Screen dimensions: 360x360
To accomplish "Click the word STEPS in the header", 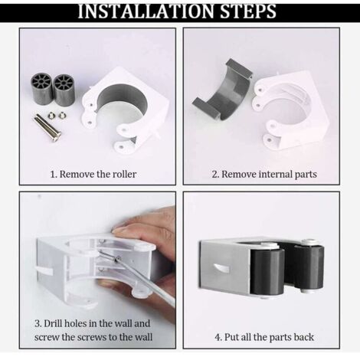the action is click(248, 11).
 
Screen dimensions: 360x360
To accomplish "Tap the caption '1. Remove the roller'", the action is click(93, 174).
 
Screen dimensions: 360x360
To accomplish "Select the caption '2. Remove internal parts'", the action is click(264, 174).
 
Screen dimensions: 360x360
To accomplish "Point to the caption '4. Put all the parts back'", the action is click(264, 337).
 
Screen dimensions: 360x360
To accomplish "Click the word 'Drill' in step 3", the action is click(53, 323).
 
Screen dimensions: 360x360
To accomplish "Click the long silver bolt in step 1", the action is click(47, 127).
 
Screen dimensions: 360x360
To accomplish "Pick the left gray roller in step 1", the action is click(42, 87).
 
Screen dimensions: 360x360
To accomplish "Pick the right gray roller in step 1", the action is click(63, 90).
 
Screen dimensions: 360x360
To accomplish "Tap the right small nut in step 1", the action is click(62, 116).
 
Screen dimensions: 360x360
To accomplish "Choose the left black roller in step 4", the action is click(267, 271).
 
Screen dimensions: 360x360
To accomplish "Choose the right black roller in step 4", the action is click(309, 266).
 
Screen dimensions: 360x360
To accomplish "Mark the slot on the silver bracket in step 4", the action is click(221, 268).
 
